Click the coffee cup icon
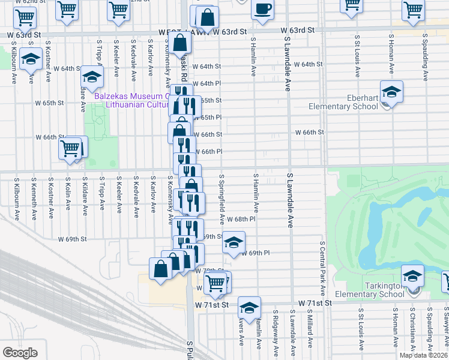tap(262, 10)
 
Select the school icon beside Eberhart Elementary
tap(391, 92)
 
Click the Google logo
tap(20, 352)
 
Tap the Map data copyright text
tap(423, 355)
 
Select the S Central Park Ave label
tap(322, 268)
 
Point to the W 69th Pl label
tap(256, 253)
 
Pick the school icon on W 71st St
tap(249, 308)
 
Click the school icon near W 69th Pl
tap(234, 242)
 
